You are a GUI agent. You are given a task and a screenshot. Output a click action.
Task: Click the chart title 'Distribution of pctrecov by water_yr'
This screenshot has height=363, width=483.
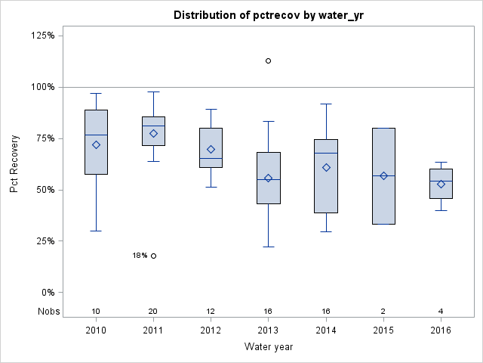(268, 15)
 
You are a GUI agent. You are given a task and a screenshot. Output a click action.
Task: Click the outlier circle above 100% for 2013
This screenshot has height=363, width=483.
(269, 60)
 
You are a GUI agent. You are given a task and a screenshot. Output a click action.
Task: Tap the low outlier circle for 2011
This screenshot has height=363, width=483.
(153, 256)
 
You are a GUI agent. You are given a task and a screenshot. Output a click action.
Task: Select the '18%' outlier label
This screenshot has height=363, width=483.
(140, 256)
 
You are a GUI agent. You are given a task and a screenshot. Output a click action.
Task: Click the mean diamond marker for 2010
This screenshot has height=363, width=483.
(96, 144)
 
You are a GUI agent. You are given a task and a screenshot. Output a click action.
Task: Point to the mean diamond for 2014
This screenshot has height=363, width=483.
(326, 167)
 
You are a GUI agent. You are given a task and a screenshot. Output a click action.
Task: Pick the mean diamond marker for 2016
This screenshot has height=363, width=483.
(441, 184)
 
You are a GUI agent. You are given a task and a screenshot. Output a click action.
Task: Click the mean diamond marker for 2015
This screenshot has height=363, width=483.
(383, 175)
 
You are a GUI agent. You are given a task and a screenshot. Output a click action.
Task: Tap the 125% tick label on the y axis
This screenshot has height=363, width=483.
(42, 36)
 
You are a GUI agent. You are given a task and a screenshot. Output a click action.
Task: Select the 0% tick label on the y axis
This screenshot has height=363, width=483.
(46, 293)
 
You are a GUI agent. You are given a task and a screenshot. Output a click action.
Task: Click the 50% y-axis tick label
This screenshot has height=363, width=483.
(44, 190)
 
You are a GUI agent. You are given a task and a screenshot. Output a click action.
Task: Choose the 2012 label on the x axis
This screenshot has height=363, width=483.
(211, 330)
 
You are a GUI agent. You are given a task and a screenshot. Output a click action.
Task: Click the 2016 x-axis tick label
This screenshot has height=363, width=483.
(441, 330)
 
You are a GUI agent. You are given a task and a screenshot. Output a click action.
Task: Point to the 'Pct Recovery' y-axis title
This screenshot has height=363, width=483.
(15, 164)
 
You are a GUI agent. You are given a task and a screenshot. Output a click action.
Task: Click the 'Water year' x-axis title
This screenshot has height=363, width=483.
(268, 347)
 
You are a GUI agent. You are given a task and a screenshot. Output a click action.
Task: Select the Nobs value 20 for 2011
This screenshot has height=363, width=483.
(153, 312)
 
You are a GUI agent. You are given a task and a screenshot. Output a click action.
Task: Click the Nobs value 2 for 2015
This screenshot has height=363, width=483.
(383, 312)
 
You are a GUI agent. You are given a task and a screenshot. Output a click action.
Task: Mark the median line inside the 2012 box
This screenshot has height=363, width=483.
(211, 158)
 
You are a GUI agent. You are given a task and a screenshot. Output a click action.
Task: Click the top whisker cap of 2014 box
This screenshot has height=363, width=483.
(326, 104)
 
